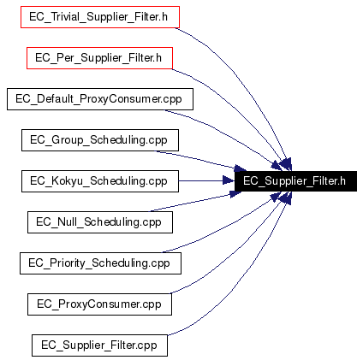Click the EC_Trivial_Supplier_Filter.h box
click(100, 17)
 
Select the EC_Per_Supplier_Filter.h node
click(99, 58)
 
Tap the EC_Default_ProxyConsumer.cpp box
click(100, 99)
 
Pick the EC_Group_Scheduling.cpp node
click(100, 140)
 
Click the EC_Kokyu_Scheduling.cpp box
click(100, 181)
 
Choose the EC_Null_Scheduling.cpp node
click(100, 222)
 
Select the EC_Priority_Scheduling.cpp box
click(100, 263)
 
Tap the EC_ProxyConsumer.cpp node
click(99, 304)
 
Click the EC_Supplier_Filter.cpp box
click(99, 345)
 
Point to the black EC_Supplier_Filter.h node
click(295, 181)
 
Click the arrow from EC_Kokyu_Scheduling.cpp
click(206, 180)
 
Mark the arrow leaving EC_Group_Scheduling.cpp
click(199, 160)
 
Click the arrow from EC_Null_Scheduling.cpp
click(197, 202)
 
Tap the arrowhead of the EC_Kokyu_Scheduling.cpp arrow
click(229, 180)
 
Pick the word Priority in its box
click(68, 263)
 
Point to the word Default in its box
click(55, 99)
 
